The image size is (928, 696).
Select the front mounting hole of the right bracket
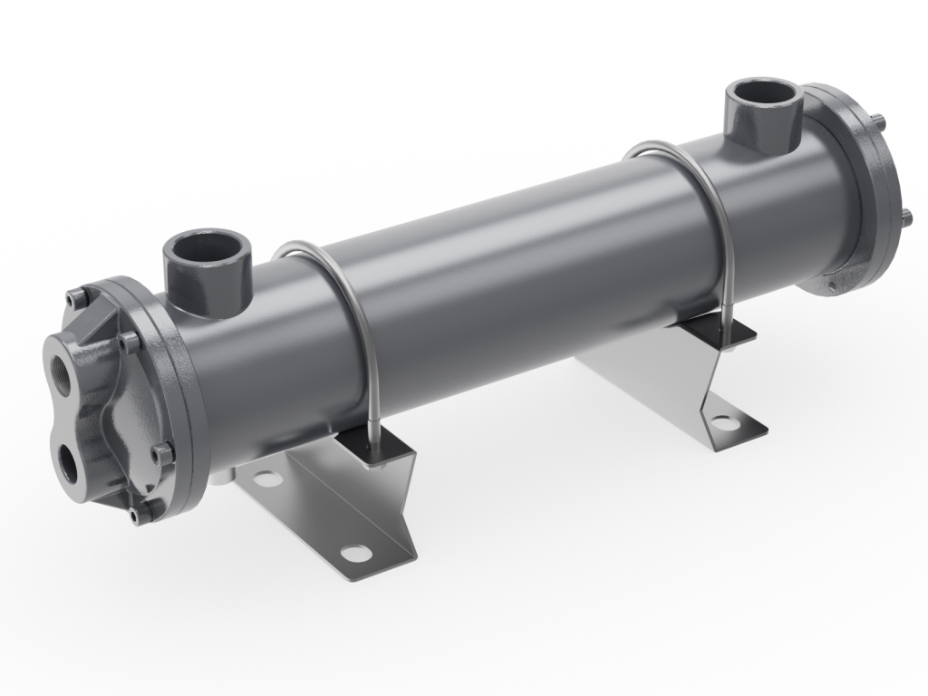722,421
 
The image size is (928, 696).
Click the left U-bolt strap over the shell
344,290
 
